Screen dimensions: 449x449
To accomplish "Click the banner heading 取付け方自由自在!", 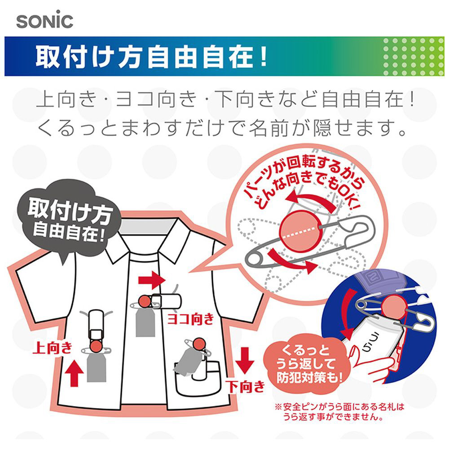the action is click(151, 57).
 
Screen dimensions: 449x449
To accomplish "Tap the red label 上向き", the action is click(53, 348).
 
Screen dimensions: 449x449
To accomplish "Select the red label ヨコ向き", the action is click(191, 319).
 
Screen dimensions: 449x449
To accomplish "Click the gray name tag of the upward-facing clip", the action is click(97, 367).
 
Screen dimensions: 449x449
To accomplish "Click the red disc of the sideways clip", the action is click(145, 302).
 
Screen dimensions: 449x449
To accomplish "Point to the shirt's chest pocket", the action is click(198, 379).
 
